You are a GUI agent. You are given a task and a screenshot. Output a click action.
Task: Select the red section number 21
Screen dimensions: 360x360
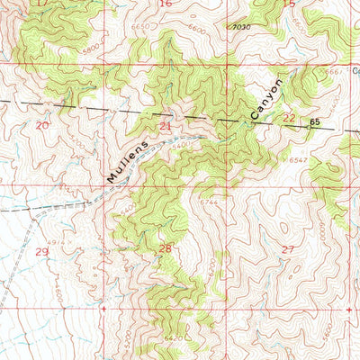coord(165,126)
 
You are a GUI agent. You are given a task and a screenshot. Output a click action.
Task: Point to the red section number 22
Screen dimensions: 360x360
coord(289,118)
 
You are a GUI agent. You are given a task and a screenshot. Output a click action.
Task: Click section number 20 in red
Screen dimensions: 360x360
coord(41,126)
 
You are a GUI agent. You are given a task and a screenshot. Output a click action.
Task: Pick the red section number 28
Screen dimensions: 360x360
coord(165,247)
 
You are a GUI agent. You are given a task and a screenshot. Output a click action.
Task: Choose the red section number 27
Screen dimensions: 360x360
coord(289,247)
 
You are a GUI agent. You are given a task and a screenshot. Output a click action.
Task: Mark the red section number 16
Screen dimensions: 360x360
coord(165,4)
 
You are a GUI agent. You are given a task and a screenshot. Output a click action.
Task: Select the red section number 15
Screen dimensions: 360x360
coord(289,4)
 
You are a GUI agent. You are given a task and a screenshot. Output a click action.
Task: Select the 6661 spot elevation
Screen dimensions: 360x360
coord(335,70)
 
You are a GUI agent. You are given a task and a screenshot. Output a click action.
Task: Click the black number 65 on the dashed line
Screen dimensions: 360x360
coord(315,121)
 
